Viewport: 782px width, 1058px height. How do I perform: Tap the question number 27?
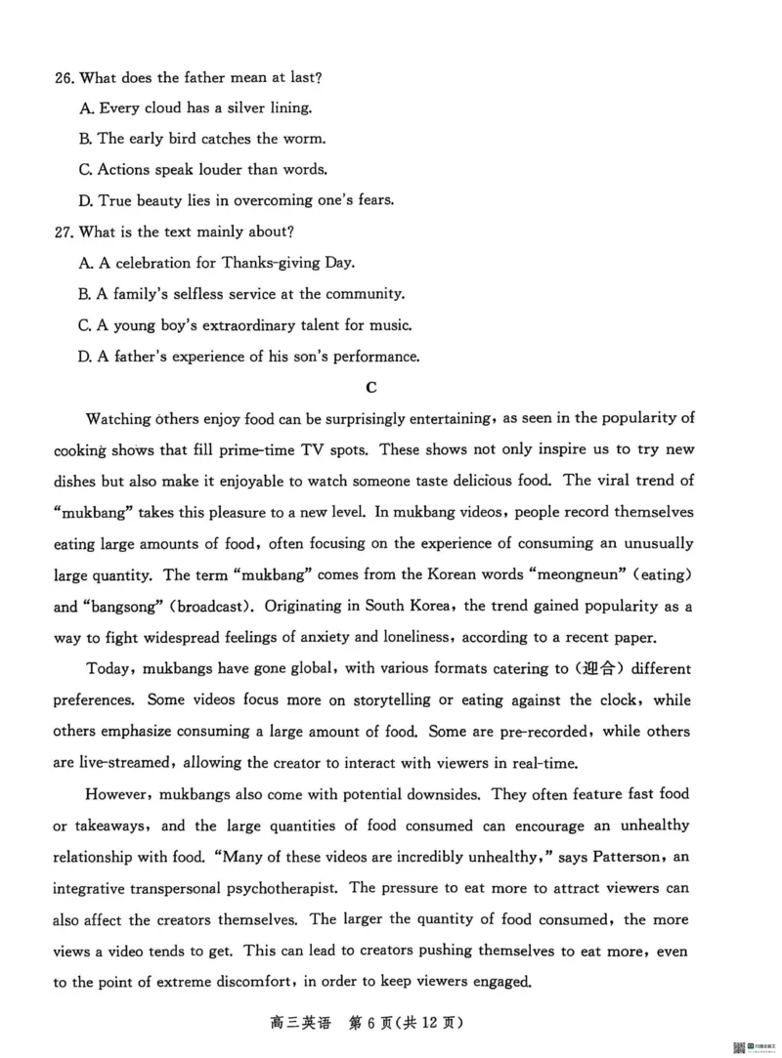(64, 232)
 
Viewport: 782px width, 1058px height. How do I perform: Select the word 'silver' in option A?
(232, 107)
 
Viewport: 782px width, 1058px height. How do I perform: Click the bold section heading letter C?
(370, 387)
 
